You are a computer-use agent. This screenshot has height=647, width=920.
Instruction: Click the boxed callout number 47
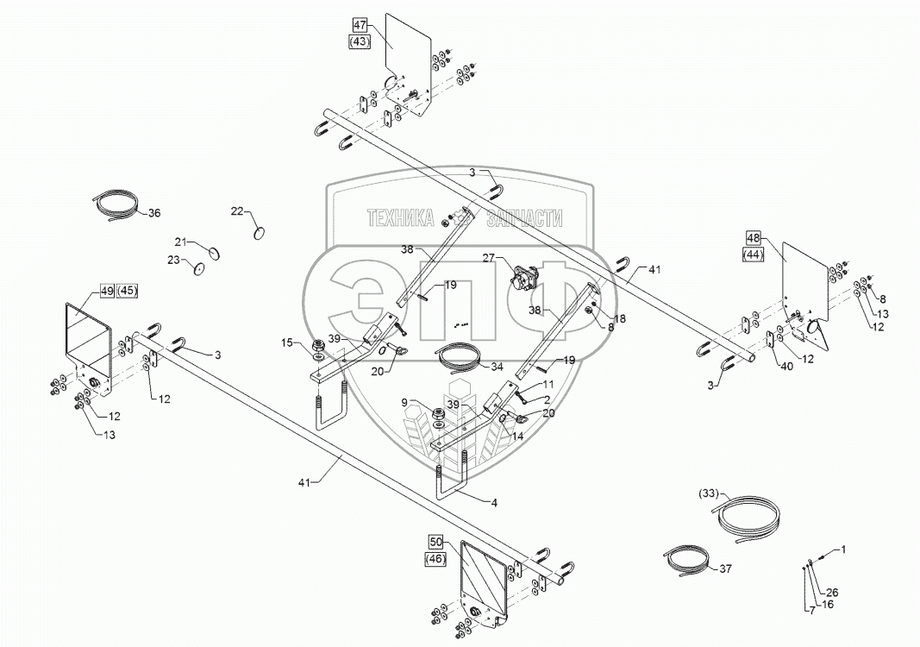coord(360,25)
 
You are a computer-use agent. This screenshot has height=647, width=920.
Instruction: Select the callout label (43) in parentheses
coord(360,41)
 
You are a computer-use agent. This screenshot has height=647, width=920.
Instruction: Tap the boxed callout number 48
coord(754,238)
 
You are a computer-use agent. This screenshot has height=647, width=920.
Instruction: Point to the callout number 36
coord(153,213)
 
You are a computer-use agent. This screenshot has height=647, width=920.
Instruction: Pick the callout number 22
coord(236,211)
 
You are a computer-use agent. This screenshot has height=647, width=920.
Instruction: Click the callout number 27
coord(490,257)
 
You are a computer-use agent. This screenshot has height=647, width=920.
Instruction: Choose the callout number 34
coord(497,367)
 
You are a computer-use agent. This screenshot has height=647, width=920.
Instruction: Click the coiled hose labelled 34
coord(457,357)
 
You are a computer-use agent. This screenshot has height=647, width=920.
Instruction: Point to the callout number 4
coord(494,503)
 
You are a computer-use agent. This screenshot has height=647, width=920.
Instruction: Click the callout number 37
coord(725,568)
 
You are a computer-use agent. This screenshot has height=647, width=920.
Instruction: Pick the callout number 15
coord(285,342)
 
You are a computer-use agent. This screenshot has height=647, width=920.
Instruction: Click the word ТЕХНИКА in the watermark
coord(400,218)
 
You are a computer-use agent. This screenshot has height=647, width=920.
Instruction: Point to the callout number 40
coord(786,367)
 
